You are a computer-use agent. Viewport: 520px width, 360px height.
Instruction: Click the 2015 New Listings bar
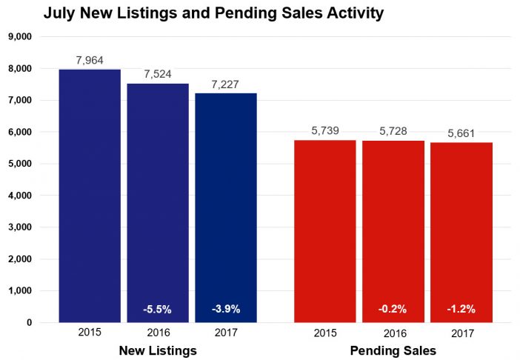[x=89, y=196]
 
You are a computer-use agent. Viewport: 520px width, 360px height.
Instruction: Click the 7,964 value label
[x=90, y=59]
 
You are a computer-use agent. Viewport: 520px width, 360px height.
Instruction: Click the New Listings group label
[x=158, y=350]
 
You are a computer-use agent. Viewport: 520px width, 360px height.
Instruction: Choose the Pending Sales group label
[x=393, y=350]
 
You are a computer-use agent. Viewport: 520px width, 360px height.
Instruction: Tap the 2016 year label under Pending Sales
[x=393, y=333]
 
